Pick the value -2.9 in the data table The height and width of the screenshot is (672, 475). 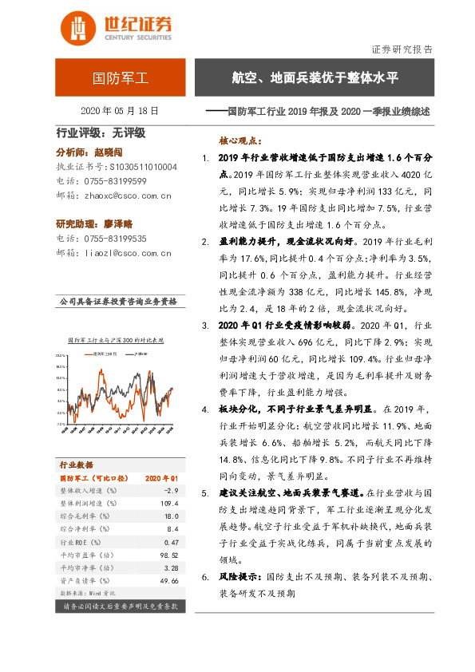pyautogui.click(x=165, y=490)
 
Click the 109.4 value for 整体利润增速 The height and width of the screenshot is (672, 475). pyautogui.click(x=164, y=504)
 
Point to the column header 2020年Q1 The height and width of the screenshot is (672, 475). pyautogui.click(x=161, y=476)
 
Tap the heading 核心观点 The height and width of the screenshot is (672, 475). pyautogui.click(x=243, y=138)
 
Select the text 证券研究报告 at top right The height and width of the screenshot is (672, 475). pyautogui.click(x=403, y=49)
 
